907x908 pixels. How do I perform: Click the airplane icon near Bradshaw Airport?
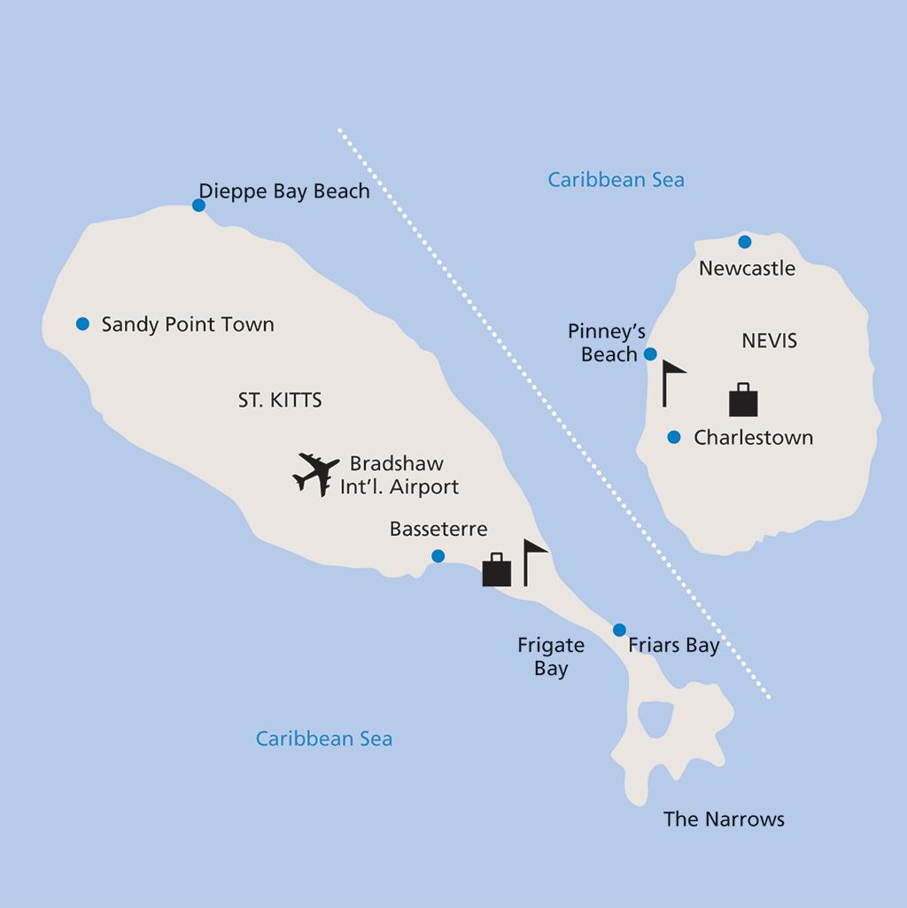315,474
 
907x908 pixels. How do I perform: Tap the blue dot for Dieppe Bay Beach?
198,206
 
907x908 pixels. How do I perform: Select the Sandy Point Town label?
188,324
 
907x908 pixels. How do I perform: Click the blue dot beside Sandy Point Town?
82,324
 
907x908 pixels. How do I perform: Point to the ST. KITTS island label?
280,400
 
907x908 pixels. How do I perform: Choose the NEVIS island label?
769,340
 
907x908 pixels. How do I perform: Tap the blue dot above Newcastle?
744,242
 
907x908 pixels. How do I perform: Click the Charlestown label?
753,438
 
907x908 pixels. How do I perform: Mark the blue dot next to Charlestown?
674,437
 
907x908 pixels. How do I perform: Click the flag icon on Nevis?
671,382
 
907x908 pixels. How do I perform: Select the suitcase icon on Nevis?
743,400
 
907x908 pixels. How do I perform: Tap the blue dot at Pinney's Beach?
650,354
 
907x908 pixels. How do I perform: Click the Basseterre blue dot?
438,556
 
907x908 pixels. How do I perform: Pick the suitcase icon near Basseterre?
497,570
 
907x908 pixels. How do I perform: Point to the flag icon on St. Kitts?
533,562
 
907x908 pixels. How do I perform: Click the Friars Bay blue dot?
619,630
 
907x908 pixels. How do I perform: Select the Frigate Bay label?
551,656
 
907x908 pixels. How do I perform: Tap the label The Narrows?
724,819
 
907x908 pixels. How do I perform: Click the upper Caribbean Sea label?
616,180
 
